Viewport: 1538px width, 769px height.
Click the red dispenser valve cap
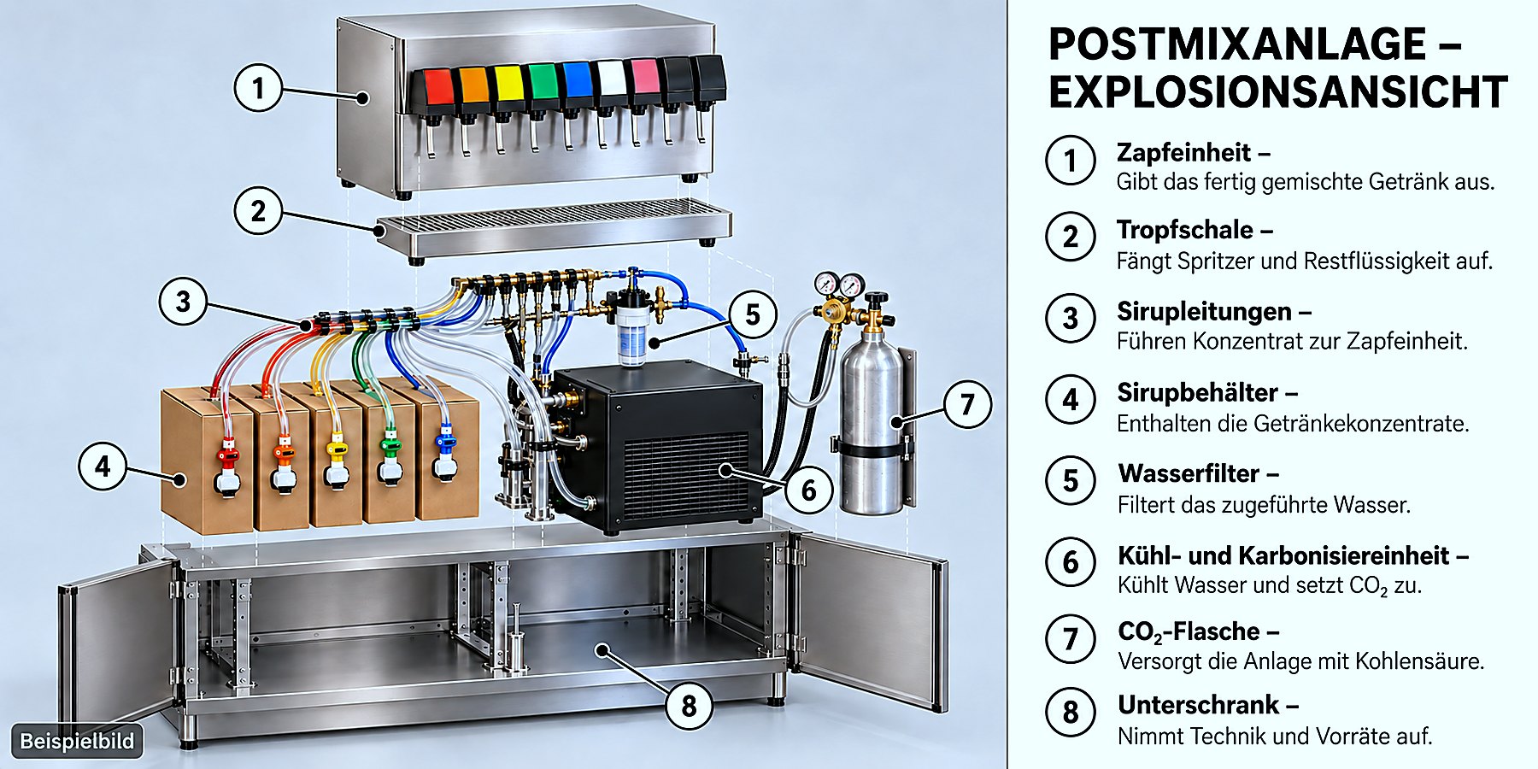pos(438,86)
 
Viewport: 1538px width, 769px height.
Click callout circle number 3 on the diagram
pos(184,302)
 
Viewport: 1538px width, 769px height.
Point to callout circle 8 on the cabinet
pos(689,706)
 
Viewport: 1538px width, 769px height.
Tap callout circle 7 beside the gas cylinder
pos(967,404)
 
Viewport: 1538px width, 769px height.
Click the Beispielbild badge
pos(77,741)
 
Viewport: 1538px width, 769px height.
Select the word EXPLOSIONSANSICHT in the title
pos(1277,92)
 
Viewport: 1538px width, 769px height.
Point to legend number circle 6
pos(1071,561)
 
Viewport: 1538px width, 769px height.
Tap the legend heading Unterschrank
pos(1199,705)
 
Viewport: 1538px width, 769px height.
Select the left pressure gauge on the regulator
pos(826,284)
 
